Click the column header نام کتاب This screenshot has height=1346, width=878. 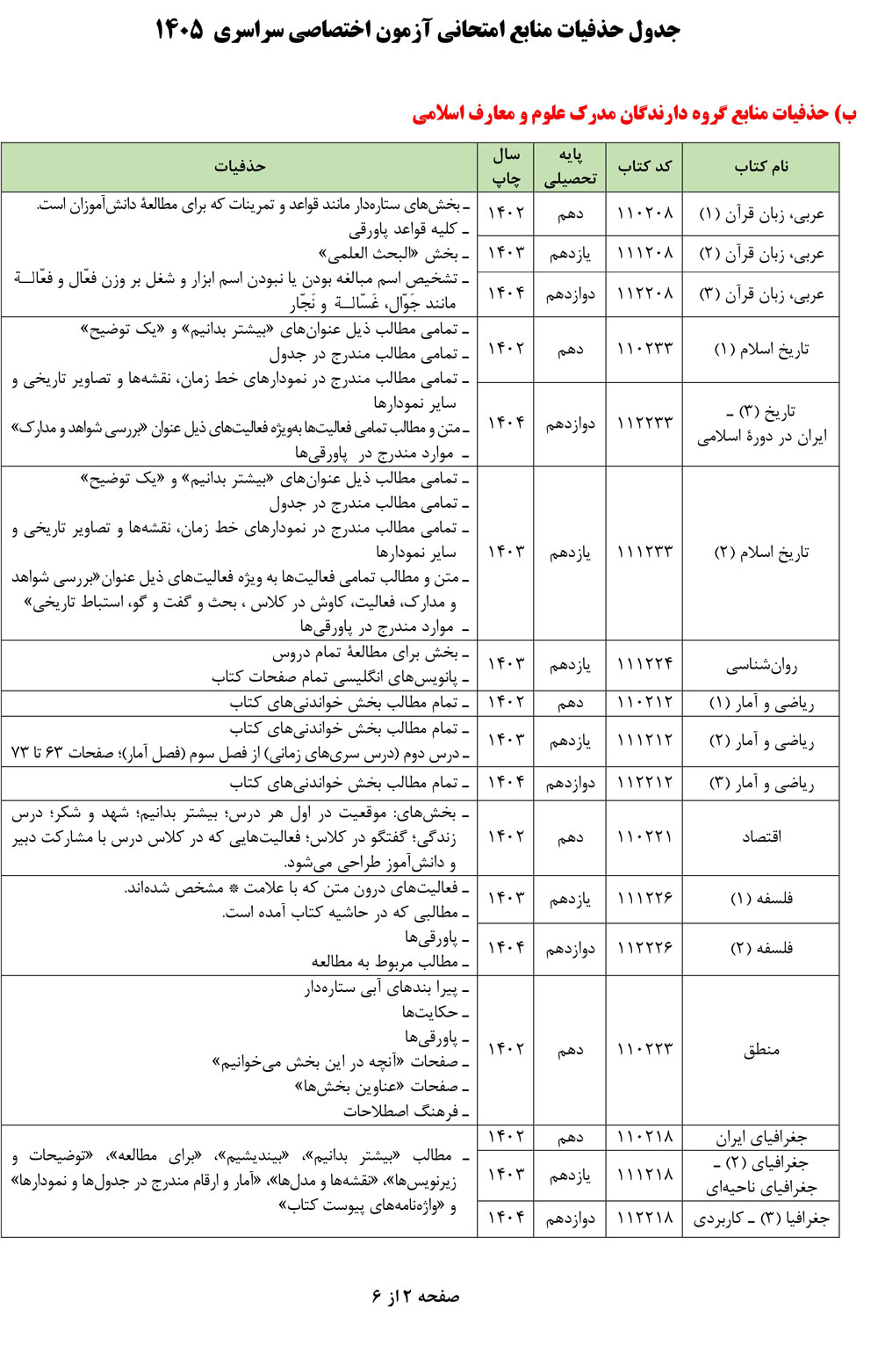760,167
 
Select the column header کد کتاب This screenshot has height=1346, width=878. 644,167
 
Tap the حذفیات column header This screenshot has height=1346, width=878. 240,167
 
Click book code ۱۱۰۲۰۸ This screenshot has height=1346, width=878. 644,213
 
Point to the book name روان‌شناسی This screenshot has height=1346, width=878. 760,666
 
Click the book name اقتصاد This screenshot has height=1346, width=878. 760,837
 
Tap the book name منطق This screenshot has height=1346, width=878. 760,1050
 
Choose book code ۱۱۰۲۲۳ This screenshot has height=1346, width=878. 644,1050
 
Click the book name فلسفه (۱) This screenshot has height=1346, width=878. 760,899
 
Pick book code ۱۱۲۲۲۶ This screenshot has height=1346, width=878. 644,948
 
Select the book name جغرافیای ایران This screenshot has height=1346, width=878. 760,1138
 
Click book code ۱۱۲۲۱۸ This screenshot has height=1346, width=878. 644,1219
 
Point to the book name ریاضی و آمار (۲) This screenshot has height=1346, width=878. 760,742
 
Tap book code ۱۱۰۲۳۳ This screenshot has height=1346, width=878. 644,349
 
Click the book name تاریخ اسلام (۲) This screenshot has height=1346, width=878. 760,553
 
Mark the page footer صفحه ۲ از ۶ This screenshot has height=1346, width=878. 414,1297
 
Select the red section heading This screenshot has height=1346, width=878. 634,114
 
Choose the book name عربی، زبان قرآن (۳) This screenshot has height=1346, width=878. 760,294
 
